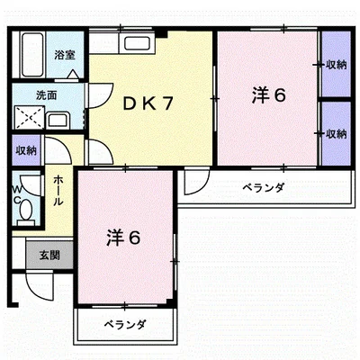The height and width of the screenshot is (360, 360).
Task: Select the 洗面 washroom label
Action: (x=47, y=94)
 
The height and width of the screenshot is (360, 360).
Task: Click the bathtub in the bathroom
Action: (x=32, y=54)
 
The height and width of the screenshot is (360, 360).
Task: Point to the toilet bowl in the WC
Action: (x=26, y=211)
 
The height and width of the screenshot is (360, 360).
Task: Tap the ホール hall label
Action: (x=58, y=190)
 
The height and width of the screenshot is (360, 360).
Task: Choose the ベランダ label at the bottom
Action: (x=123, y=324)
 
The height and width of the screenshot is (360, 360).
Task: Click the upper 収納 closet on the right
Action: (x=337, y=65)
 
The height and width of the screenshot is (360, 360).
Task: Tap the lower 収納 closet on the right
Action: (x=337, y=133)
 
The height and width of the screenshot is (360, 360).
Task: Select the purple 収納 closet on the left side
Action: (x=25, y=150)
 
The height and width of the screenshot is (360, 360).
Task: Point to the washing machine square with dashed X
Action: (x=27, y=119)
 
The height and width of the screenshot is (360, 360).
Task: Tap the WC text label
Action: (x=16, y=190)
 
